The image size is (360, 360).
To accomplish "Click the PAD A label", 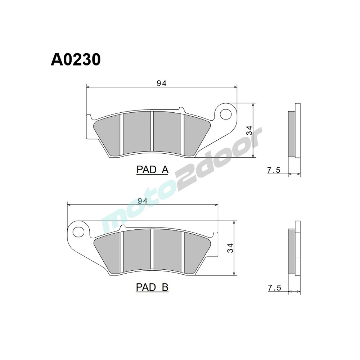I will coord(152,170).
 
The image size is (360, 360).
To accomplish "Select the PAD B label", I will coord(152,287).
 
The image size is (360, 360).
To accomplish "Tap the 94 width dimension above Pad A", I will coord(161,83).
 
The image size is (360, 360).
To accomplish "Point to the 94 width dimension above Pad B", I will coord(143,201).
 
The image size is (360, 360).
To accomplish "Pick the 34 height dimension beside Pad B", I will coord(230,248).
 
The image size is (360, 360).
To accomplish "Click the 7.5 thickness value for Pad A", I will coord(274,170).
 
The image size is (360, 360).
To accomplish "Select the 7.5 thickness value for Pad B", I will coord(274,288).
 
